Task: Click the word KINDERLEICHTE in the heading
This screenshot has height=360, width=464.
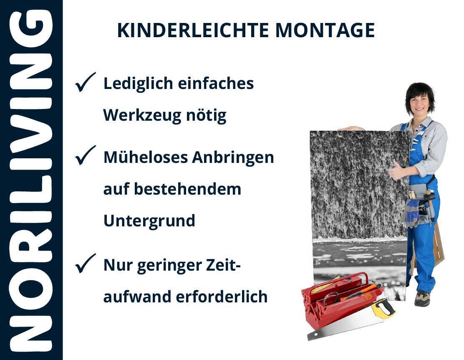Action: [x=193, y=30]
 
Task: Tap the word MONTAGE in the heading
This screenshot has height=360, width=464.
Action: [x=325, y=30]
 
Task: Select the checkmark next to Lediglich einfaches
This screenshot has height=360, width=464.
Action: [x=85, y=82]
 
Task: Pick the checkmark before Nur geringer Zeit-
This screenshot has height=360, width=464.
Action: [x=85, y=264]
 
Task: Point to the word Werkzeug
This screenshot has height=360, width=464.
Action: [x=142, y=116]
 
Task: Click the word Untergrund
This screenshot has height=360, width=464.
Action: [x=149, y=221]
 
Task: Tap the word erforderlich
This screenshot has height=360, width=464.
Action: [x=222, y=297]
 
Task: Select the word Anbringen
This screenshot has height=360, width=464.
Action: [x=233, y=157]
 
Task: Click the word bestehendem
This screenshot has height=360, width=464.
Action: [x=188, y=189]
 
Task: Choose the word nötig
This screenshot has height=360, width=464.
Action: [x=206, y=116]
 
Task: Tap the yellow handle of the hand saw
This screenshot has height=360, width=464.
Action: [x=383, y=308]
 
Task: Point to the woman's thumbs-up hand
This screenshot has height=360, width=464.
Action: [x=398, y=171]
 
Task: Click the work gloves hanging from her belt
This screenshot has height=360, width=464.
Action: [x=411, y=212]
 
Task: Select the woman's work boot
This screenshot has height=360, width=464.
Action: [x=422, y=298]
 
